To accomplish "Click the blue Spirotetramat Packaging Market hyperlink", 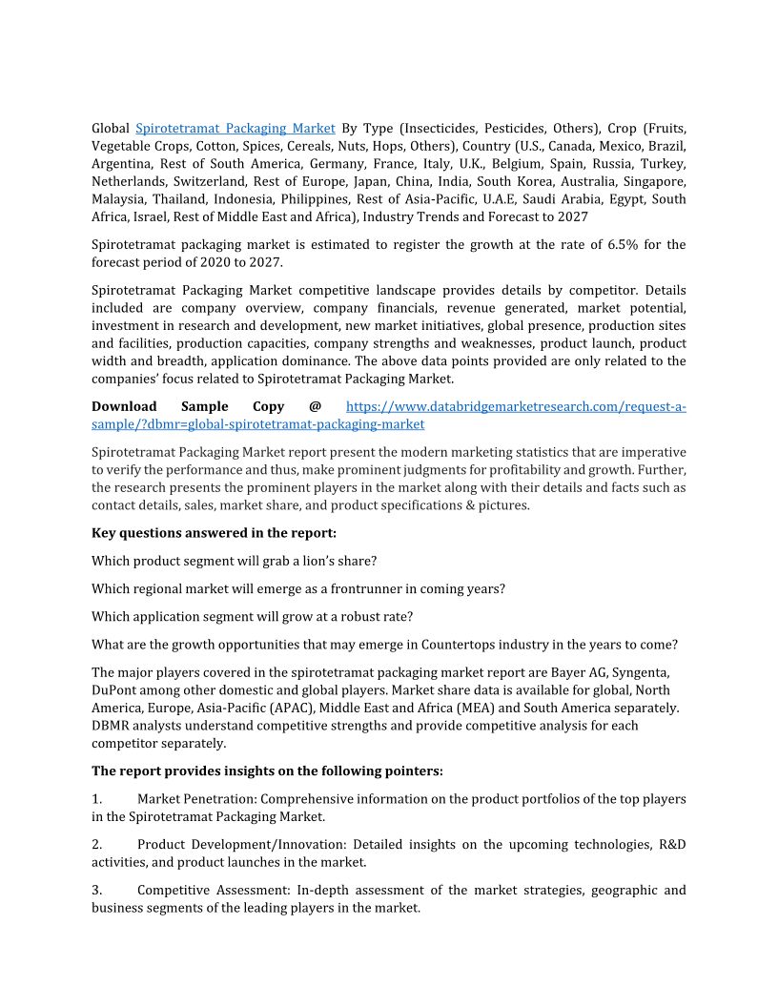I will pos(235,128).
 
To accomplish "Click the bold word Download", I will pos(124,406).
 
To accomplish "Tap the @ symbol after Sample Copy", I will pos(315,406).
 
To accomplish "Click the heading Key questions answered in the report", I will pos(214,532).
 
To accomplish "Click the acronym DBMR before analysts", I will pos(112,726).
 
